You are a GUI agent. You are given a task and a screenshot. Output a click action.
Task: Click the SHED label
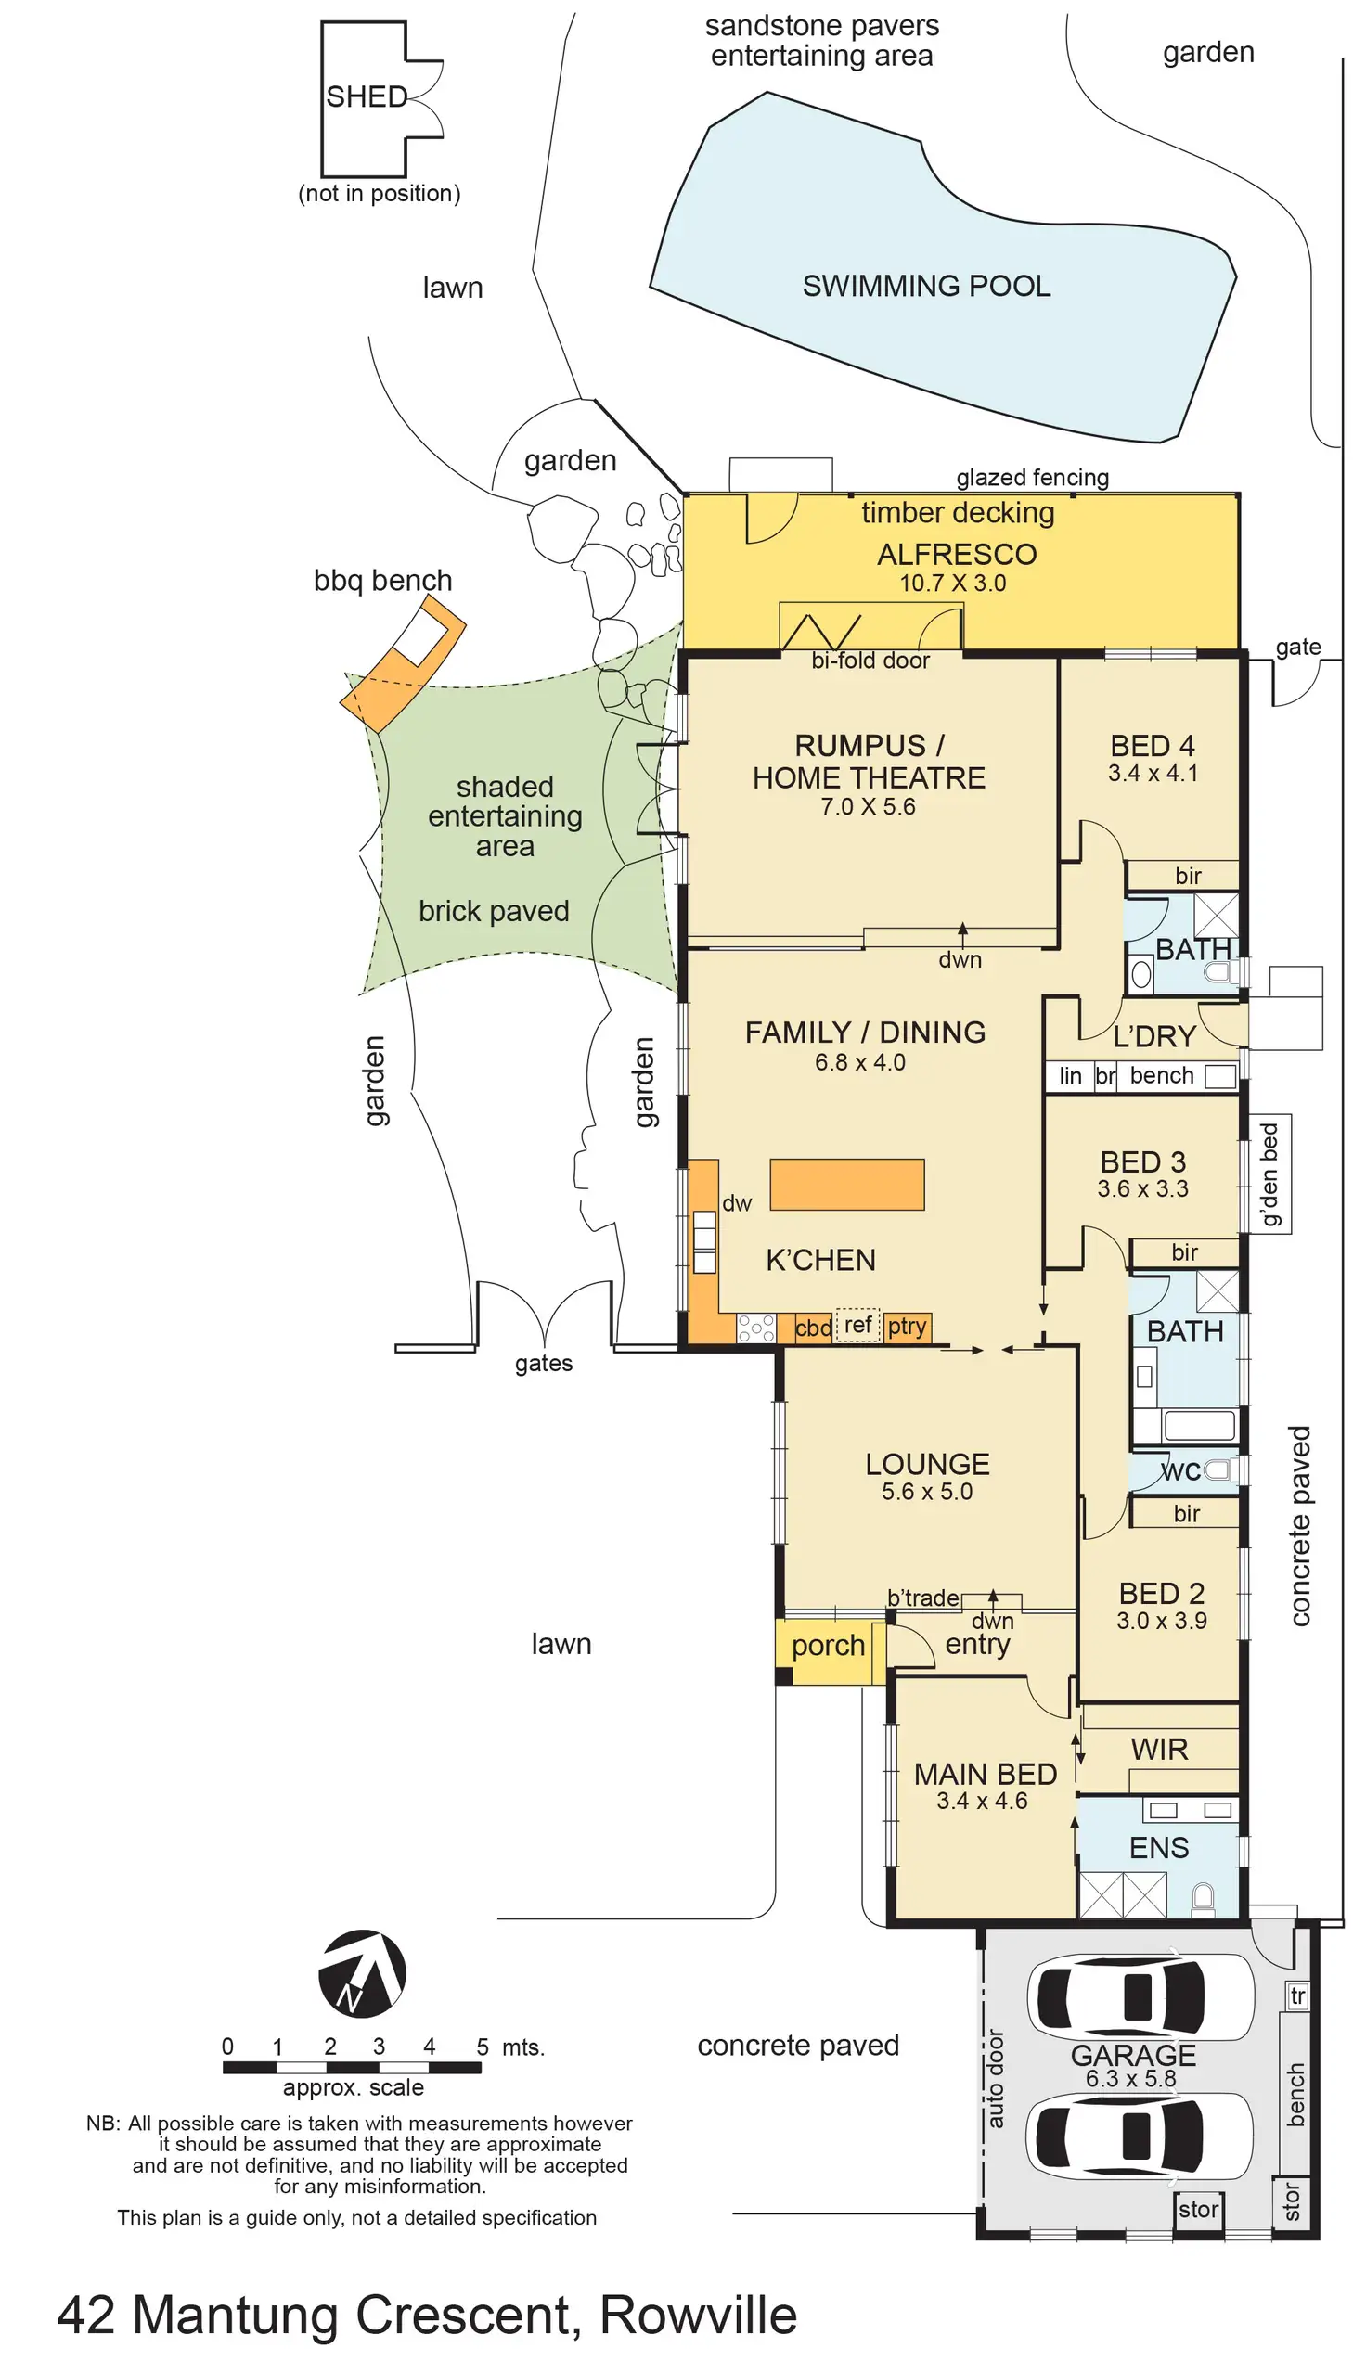367,96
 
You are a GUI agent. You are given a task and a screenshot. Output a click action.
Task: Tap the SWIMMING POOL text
925,286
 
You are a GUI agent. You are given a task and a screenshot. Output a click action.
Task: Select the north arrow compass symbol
362,1974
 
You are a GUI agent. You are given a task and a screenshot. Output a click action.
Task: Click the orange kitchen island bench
846,1185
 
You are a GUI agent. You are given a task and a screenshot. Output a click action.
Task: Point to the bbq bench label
382,581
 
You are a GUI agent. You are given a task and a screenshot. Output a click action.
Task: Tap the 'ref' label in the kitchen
857,1325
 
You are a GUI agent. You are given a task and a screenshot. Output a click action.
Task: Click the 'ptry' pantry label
906,1326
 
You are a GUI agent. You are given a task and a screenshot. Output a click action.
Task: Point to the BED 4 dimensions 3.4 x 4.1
1153,773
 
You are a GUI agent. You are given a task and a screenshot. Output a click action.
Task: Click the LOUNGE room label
926,1463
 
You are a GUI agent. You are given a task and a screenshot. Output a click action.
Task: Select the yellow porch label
827,1645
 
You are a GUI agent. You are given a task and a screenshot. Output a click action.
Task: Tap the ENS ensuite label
1158,1848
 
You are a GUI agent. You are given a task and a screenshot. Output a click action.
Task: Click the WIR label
1159,1750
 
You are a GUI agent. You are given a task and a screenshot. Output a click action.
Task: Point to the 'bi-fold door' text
870,661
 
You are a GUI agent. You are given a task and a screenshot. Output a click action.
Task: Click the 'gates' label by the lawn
544,1363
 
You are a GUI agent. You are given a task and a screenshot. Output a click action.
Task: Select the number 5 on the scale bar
482,2047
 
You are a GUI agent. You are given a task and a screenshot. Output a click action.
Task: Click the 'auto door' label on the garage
995,2079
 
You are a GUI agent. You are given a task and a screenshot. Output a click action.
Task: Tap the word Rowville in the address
698,2316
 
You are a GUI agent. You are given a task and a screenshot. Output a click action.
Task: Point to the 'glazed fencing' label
1032,478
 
